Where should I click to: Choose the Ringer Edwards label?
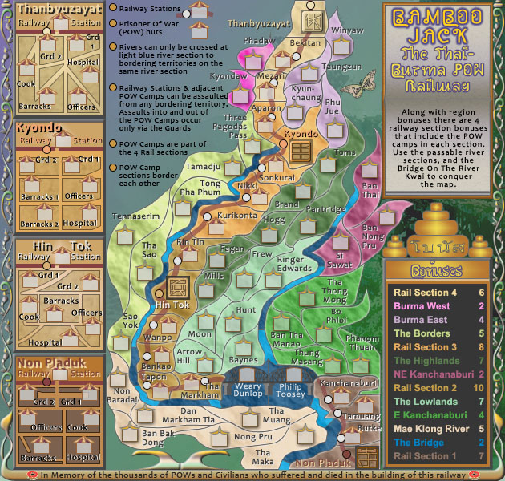pos(294,264)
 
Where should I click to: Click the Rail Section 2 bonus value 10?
pos(480,388)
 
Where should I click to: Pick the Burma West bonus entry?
pos(416,306)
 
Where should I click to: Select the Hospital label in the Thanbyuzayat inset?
pos(83,62)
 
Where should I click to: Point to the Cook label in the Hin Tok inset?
pos(29,317)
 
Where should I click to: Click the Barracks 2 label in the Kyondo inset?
pos(39,224)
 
